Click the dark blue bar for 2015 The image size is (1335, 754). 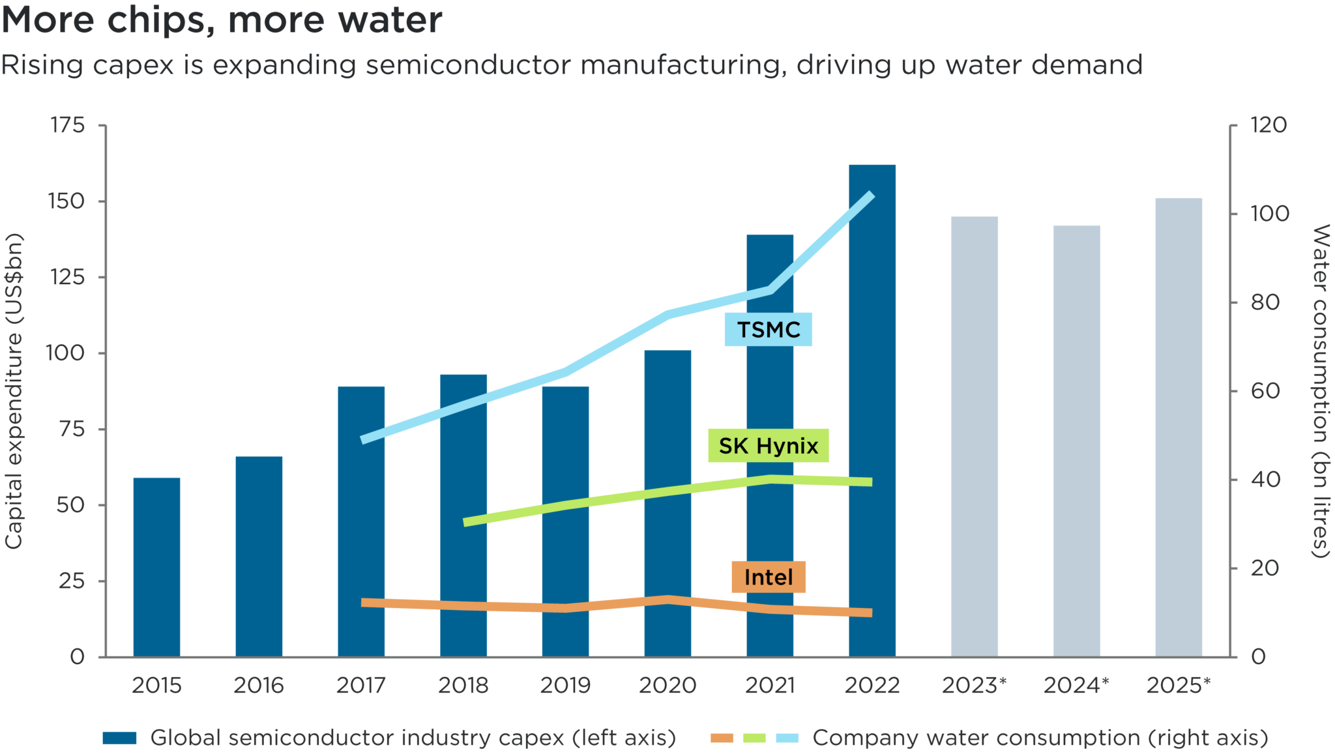156,567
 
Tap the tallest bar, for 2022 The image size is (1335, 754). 872,411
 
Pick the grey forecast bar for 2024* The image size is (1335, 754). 1076,441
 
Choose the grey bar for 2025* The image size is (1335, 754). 1179,427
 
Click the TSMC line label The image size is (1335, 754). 768,330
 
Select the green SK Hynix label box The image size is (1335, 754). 768,446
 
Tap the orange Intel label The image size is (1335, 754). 768,577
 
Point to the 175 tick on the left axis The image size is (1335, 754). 68,125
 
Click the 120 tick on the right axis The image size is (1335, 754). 1268,125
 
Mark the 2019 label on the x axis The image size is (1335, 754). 565,686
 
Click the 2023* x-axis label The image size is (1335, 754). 974,686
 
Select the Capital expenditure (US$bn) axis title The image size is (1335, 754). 14,391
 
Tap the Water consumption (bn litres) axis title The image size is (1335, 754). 1319,391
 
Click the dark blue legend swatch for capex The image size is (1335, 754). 119,738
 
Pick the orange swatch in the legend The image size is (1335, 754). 722,738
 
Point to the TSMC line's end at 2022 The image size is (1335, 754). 871,195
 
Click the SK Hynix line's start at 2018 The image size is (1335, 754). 465,522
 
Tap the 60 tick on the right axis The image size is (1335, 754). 1265,391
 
